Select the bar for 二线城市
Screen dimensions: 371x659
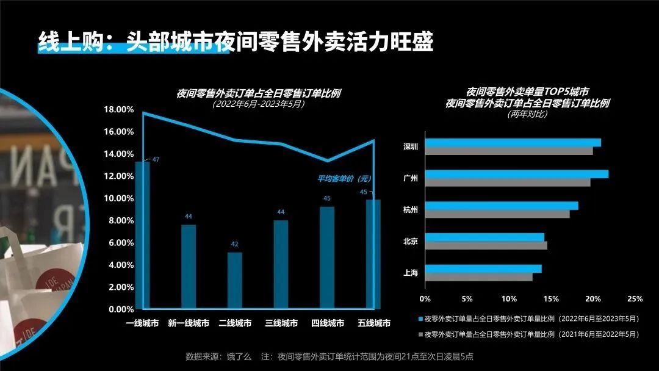235,281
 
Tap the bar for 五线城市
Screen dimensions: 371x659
373,254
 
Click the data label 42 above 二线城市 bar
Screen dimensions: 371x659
235,244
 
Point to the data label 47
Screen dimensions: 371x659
156,160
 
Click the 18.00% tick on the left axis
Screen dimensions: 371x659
120,110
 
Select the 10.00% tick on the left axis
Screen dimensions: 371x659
120,198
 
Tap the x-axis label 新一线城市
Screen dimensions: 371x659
189,323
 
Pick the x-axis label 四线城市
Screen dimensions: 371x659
328,323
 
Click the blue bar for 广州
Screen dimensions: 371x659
516,174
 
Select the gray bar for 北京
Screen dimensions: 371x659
486,245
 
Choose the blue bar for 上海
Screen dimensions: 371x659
483,268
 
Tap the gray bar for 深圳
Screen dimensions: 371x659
508,151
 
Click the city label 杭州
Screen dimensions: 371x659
411,210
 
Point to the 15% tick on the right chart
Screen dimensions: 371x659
550,299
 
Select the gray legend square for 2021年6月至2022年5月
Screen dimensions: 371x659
420,334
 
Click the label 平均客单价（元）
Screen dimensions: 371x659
344,179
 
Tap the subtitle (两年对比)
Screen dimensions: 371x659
527,114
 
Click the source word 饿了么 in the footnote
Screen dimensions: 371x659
240,356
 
